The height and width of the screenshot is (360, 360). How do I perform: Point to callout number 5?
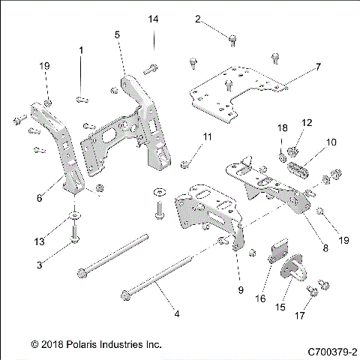pyautogui.click(x=117, y=34)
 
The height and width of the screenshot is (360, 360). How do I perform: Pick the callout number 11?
pyautogui.click(x=208, y=136)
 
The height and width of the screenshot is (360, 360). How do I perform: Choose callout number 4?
pyautogui.click(x=177, y=314)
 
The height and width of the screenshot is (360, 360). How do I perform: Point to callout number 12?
pyautogui.click(x=306, y=122)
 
